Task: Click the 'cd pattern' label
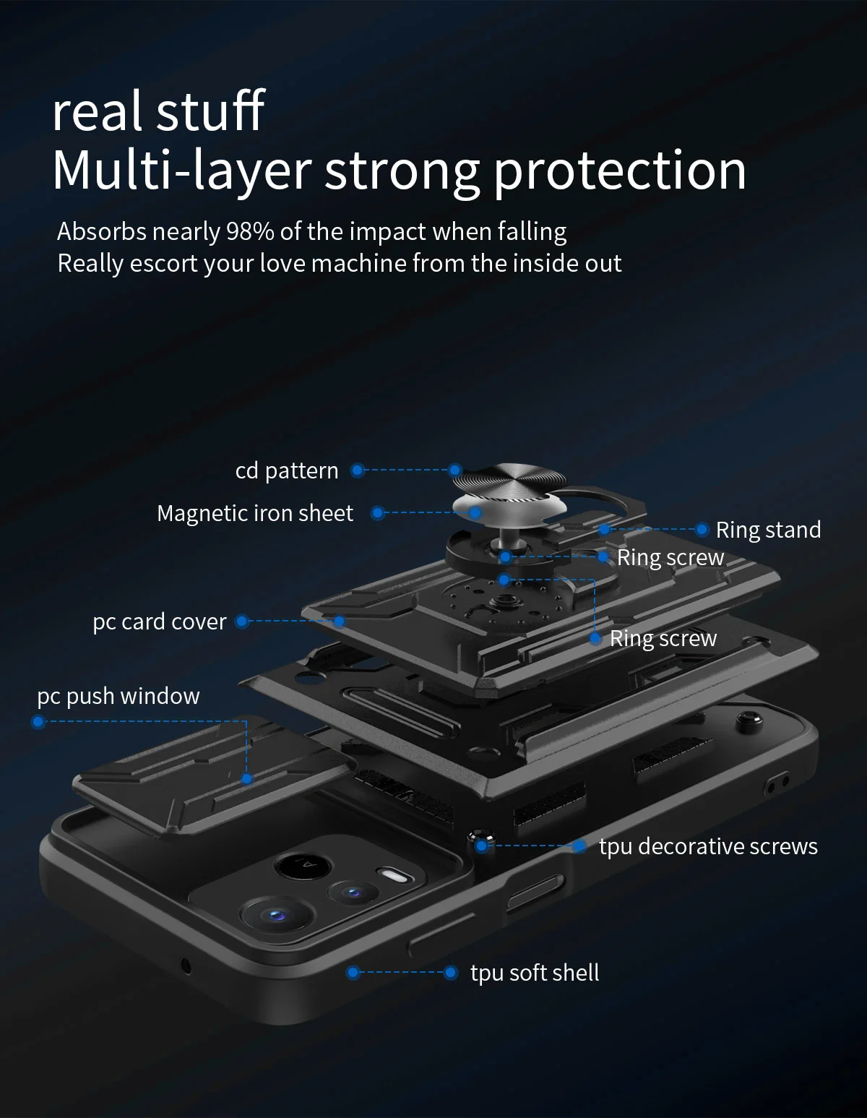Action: [x=287, y=470]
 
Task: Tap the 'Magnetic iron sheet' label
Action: [x=255, y=513]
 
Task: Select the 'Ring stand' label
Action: [x=768, y=530]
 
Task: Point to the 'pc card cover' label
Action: [x=160, y=622]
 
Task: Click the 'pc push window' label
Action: [x=118, y=696]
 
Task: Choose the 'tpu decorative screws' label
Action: [x=708, y=846]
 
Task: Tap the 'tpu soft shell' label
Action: [x=535, y=973]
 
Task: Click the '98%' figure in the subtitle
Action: [x=250, y=231]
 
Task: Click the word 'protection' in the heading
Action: [x=620, y=171]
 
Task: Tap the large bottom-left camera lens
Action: [x=273, y=916]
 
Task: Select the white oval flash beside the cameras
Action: [x=396, y=877]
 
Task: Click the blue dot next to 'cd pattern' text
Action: [x=357, y=470]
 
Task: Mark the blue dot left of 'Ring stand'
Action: [x=702, y=530]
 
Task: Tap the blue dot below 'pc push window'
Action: [x=39, y=721]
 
